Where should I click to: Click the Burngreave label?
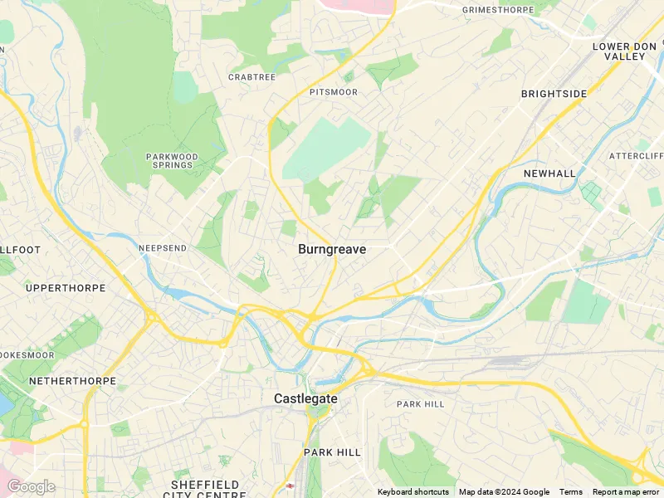pos(332,249)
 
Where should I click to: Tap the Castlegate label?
pos(306,399)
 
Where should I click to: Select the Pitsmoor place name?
pos(333,92)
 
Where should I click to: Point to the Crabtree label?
pos(251,77)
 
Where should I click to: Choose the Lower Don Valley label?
pos(618,51)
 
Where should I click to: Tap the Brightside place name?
pos(554,94)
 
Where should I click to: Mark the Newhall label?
pos(549,173)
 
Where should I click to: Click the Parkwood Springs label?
pos(172,160)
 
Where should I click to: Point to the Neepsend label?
pos(163,248)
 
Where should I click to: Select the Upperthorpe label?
pos(66,288)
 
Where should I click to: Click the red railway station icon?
pos(290,486)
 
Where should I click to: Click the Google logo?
pos(31,486)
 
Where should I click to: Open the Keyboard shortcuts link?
pos(413,492)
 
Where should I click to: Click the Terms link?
pos(570,492)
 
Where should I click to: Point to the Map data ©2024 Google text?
pos(504,492)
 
